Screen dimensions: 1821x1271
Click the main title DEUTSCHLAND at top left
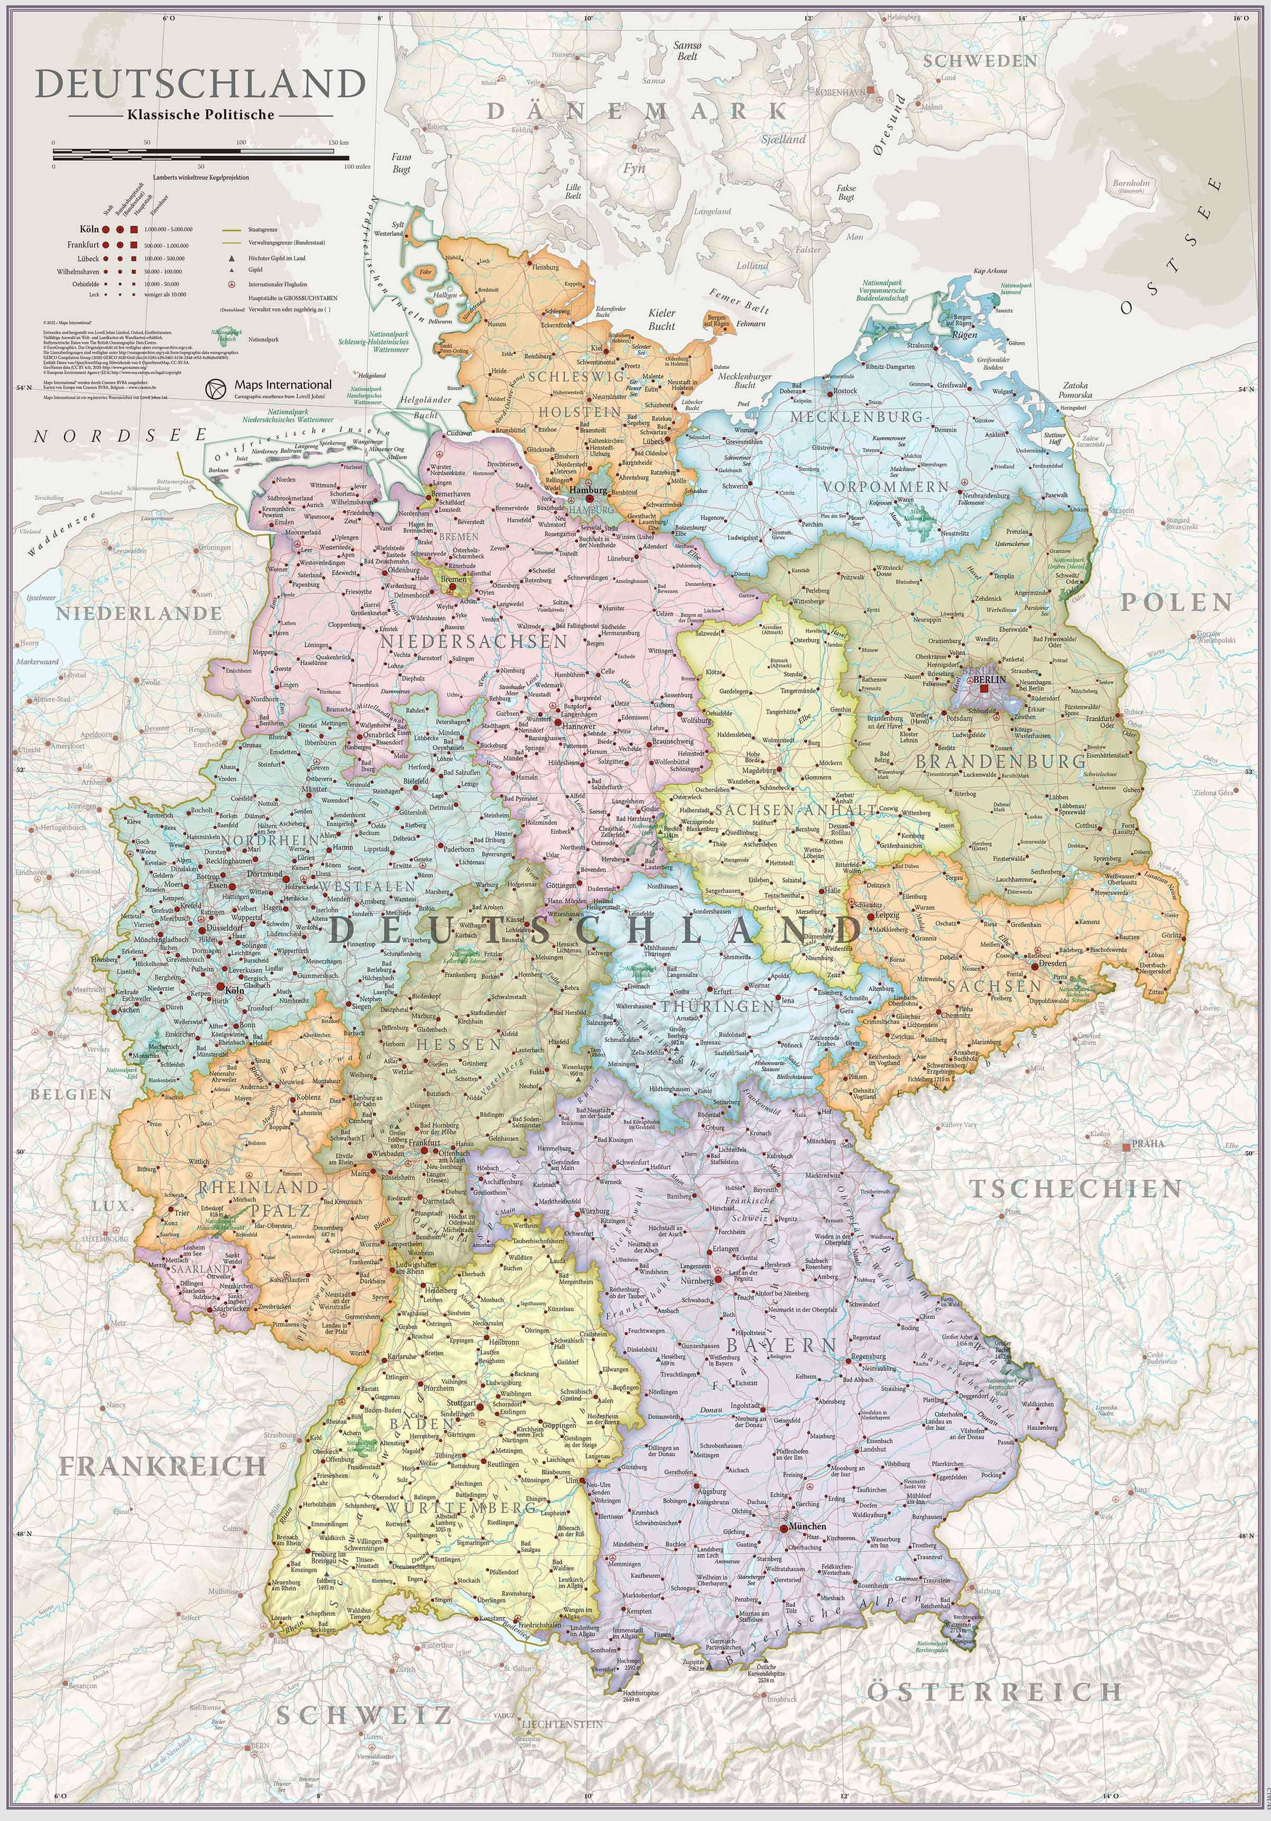200,84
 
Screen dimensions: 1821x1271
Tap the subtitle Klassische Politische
200,114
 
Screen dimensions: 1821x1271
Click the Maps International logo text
282,385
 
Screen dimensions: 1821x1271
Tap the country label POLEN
1176,603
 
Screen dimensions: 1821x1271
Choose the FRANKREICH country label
162,1467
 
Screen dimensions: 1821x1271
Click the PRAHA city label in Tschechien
1148,1144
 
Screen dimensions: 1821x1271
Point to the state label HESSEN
459,1045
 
